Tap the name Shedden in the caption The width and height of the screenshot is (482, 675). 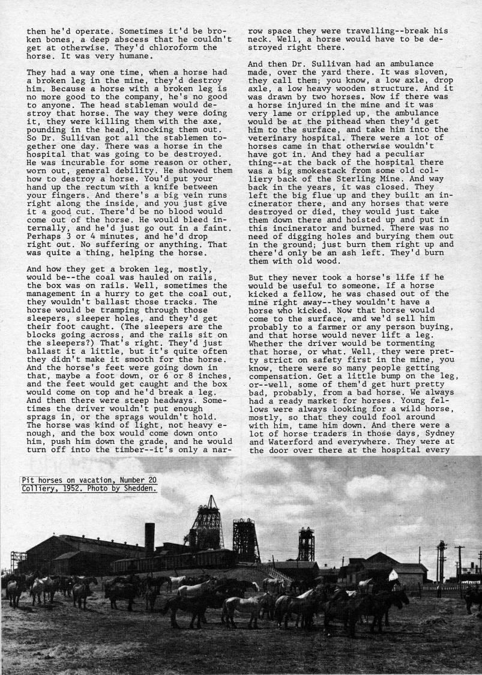(x=140, y=488)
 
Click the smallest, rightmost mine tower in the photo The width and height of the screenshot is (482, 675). (x=306, y=544)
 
